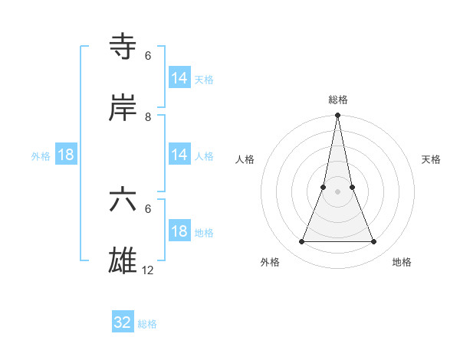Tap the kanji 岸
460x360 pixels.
[x=123, y=109]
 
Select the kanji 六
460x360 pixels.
[x=123, y=201]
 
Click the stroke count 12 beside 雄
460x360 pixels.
[x=148, y=270]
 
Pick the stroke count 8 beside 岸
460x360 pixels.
[x=148, y=117]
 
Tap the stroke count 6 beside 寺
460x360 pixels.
[x=148, y=56]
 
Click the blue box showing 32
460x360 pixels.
[x=123, y=322]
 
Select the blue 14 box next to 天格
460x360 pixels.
[x=179, y=78]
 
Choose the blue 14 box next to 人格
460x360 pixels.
[x=179, y=155]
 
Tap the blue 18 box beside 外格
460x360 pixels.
[x=66, y=155]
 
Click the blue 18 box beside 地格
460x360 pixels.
[x=179, y=231]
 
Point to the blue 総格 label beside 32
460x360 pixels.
[x=147, y=324]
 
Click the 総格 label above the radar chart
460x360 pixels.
[x=338, y=100]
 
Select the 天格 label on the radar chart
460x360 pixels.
[x=432, y=159]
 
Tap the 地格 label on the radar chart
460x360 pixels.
[x=402, y=263]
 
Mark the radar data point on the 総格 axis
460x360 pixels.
[x=338, y=116]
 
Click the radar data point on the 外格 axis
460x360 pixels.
[x=301, y=242]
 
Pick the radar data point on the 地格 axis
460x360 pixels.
[x=374, y=242]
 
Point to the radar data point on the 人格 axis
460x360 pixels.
[x=324, y=187]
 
